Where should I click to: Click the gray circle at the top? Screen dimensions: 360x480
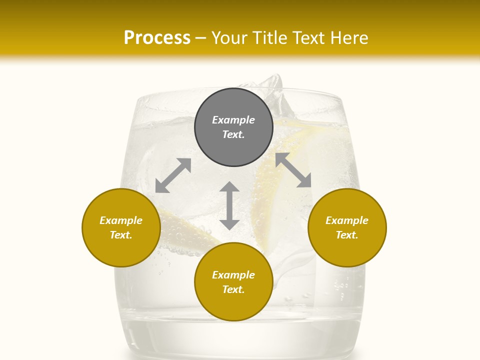[233, 127]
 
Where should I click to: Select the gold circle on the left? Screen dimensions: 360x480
[121, 227]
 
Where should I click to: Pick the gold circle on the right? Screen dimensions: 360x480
[346, 227]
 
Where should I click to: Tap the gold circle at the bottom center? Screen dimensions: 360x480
[233, 281]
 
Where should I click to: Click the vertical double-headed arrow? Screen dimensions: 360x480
[229, 205]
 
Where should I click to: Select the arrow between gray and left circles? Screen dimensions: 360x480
[173, 175]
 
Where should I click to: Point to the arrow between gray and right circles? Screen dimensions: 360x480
[293, 170]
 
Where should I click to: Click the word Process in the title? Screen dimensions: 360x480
[157, 37]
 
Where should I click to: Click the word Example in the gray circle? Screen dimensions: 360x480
[233, 120]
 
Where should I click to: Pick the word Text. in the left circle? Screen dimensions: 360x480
[121, 235]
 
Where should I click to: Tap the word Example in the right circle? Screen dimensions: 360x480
[346, 220]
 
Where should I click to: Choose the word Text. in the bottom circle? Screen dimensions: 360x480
[233, 289]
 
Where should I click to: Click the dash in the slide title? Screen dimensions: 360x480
[201, 38]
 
